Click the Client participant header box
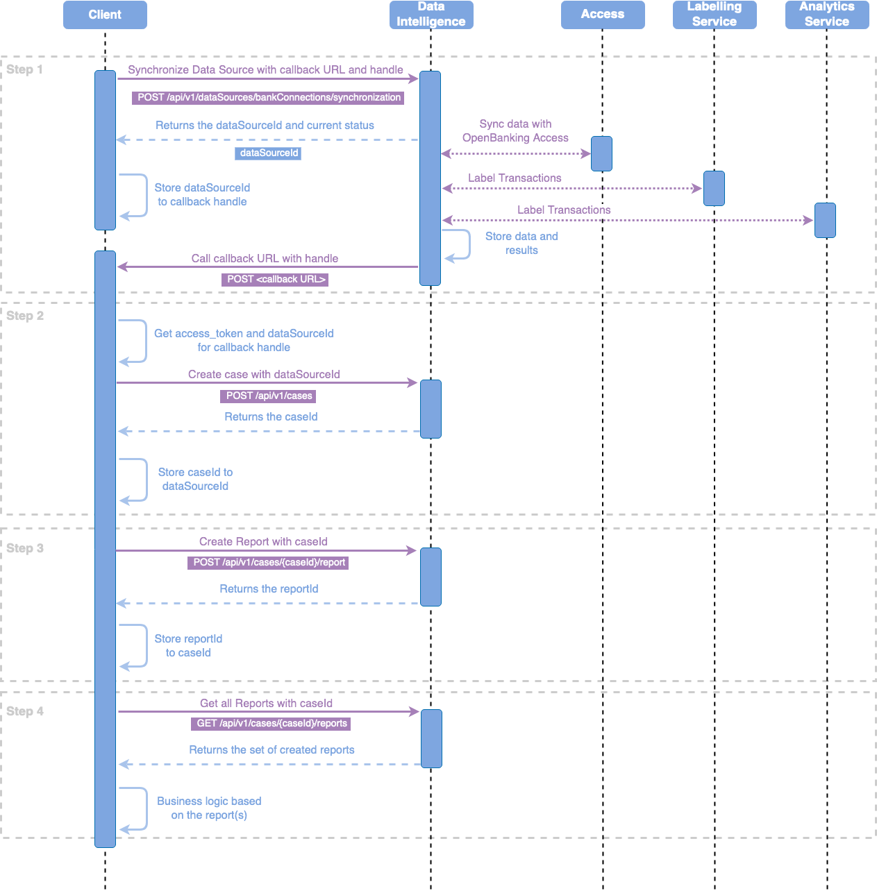[105, 15]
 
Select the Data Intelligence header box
[431, 15]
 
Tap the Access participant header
[603, 15]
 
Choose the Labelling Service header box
[715, 15]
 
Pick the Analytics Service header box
[827, 15]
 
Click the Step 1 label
[25, 69]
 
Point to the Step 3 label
[25, 548]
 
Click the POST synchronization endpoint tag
[269, 98]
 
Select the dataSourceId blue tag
[268, 153]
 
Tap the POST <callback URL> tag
[276, 280]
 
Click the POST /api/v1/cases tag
[269, 396]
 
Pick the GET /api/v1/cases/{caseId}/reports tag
[271, 724]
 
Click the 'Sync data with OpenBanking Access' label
[515, 131]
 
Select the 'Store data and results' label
[521, 244]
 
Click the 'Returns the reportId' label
[269, 589]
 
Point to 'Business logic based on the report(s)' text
[209, 808]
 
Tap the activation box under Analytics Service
[825, 220]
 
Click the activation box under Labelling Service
[714, 188]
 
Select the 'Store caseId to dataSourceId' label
[195, 480]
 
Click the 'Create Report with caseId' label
[263, 542]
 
